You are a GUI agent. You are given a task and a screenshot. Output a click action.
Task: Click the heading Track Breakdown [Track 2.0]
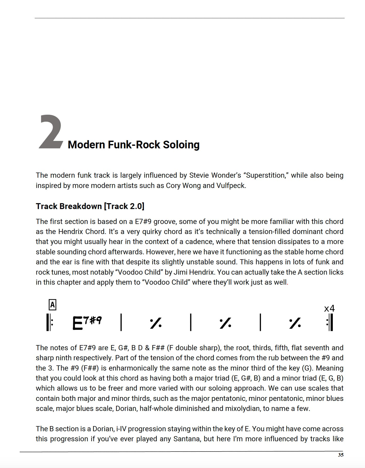[90, 206]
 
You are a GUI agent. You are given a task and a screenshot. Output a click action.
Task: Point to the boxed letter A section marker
[52, 305]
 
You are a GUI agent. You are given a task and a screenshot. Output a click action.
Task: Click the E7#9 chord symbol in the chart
[87, 323]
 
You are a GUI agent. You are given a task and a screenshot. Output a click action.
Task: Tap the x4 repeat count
[329, 308]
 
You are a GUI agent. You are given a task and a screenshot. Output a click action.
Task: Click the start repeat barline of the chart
[49, 322]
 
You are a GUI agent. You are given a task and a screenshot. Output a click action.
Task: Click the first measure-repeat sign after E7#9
[156, 323]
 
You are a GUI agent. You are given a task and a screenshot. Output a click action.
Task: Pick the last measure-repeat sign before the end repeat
[295, 323]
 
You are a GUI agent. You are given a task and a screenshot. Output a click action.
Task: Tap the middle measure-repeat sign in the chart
[225, 323]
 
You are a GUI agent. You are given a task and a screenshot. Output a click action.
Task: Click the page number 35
[341, 455]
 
